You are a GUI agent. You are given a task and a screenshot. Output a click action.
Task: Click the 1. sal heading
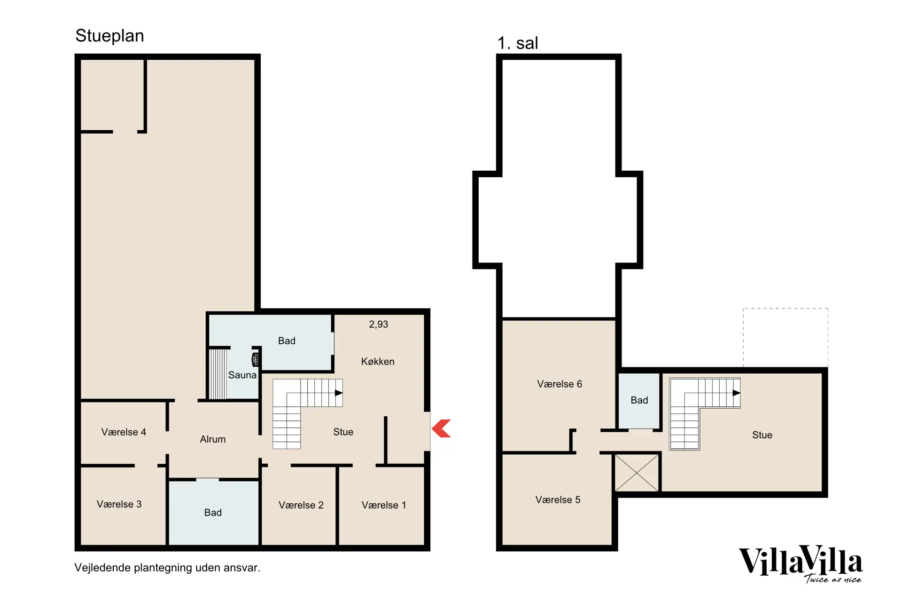[x=518, y=43]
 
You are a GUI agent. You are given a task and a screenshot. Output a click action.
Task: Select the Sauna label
[x=242, y=375]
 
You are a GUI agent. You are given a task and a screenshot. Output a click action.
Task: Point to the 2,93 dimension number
[x=379, y=325]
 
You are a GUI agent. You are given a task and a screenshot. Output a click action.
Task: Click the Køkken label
[x=378, y=361]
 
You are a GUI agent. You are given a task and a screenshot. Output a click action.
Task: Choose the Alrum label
[x=213, y=439]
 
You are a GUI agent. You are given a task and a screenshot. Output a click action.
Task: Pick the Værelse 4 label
[x=124, y=432]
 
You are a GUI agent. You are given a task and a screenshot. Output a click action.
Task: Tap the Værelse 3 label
[x=119, y=504]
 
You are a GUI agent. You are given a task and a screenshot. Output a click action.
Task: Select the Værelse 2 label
[x=301, y=505]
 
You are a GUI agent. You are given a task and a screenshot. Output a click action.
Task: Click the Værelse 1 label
[x=384, y=505]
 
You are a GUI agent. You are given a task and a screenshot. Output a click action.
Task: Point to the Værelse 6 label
[x=560, y=384]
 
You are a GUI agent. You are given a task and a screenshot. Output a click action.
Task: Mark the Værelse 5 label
[x=558, y=499]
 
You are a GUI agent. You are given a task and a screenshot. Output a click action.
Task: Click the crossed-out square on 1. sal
[x=637, y=473]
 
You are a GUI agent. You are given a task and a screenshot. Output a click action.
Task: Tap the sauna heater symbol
[x=255, y=360]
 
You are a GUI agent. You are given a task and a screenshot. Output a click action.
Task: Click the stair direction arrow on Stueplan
[x=339, y=393]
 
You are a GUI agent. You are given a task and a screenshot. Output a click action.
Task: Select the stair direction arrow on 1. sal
[x=737, y=393]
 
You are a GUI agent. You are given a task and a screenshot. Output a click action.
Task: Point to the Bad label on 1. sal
[x=639, y=400]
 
